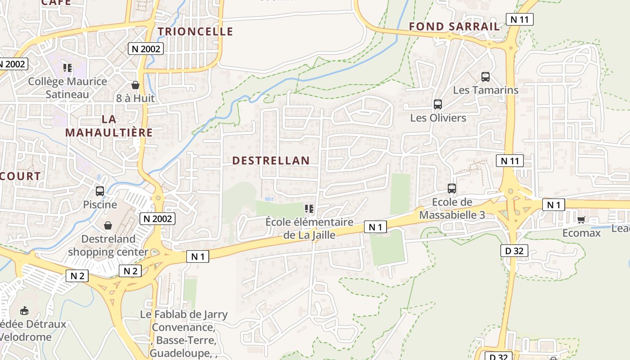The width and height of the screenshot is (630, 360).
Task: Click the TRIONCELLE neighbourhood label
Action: [x=195, y=31]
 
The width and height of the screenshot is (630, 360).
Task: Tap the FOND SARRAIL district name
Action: [x=454, y=27]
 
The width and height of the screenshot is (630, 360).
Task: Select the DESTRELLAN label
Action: [x=271, y=161]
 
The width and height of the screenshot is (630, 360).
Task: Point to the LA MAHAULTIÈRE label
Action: [x=109, y=126]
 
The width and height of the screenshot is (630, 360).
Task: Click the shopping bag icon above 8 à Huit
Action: [x=135, y=85]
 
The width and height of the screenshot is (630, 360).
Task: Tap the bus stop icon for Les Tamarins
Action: [x=486, y=77]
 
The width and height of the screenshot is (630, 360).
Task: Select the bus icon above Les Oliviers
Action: [x=438, y=105]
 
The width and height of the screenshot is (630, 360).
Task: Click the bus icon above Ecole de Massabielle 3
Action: [x=452, y=189]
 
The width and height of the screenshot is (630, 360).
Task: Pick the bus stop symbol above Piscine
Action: [x=100, y=191]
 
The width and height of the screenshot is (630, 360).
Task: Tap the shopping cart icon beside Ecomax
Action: [x=581, y=220]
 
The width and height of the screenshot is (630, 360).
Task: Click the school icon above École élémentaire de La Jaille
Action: [x=309, y=209]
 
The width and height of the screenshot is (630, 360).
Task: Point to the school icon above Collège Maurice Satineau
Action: [x=67, y=68]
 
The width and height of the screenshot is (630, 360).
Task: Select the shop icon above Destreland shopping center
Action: [x=108, y=225]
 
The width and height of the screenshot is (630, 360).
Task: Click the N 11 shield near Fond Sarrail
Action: [x=520, y=19]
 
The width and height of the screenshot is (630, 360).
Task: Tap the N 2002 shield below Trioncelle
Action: [x=145, y=49]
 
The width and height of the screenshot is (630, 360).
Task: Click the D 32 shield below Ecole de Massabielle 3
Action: [x=514, y=251]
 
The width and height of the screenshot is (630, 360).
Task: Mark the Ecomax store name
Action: [x=581, y=233]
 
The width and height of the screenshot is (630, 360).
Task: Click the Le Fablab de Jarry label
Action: [x=184, y=315]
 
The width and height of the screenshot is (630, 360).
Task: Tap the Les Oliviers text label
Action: [x=438, y=118]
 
